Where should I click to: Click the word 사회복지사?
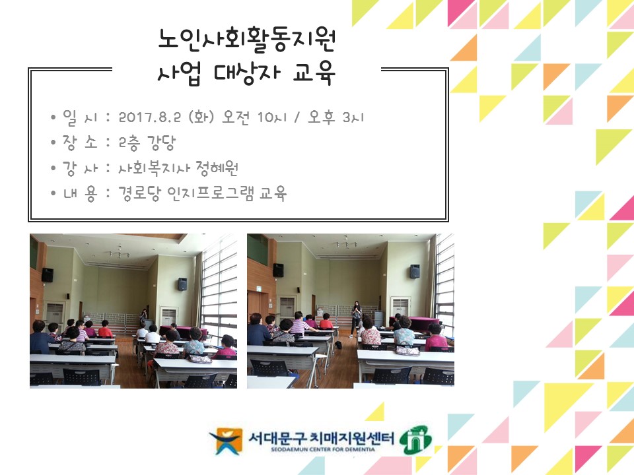154,168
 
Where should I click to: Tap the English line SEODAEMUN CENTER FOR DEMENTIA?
316,449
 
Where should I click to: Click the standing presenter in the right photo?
356,317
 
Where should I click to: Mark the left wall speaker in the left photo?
48,274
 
